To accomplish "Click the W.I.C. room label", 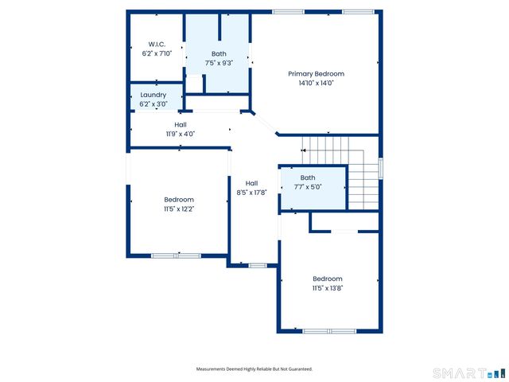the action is coord(157,45).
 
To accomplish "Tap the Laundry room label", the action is coord(153,95).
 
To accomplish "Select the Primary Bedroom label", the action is coord(317,74).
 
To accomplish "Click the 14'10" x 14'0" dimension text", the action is coord(317,83).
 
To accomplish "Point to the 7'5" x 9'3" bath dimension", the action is coord(219,63).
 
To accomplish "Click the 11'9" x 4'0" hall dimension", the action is coord(181,134).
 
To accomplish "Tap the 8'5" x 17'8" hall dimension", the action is coord(251,193).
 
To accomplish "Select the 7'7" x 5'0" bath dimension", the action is coord(308,187).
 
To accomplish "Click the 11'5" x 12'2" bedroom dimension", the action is coord(179,209).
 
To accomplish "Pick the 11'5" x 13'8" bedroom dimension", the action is coord(328,288).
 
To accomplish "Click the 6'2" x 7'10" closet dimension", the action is coord(157,53).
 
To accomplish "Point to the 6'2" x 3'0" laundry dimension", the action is coord(153,104).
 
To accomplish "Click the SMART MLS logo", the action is coord(468,373).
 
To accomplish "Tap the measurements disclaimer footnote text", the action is coord(254,369).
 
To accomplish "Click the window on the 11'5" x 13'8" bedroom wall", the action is coord(329,331).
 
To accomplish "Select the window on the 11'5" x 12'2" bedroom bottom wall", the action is coord(176,256).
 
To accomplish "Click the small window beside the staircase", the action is coord(381,168).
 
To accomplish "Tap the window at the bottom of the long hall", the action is coord(258,266).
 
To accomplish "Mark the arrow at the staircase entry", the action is coord(303,150).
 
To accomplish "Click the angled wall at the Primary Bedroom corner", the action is coord(264,123).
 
